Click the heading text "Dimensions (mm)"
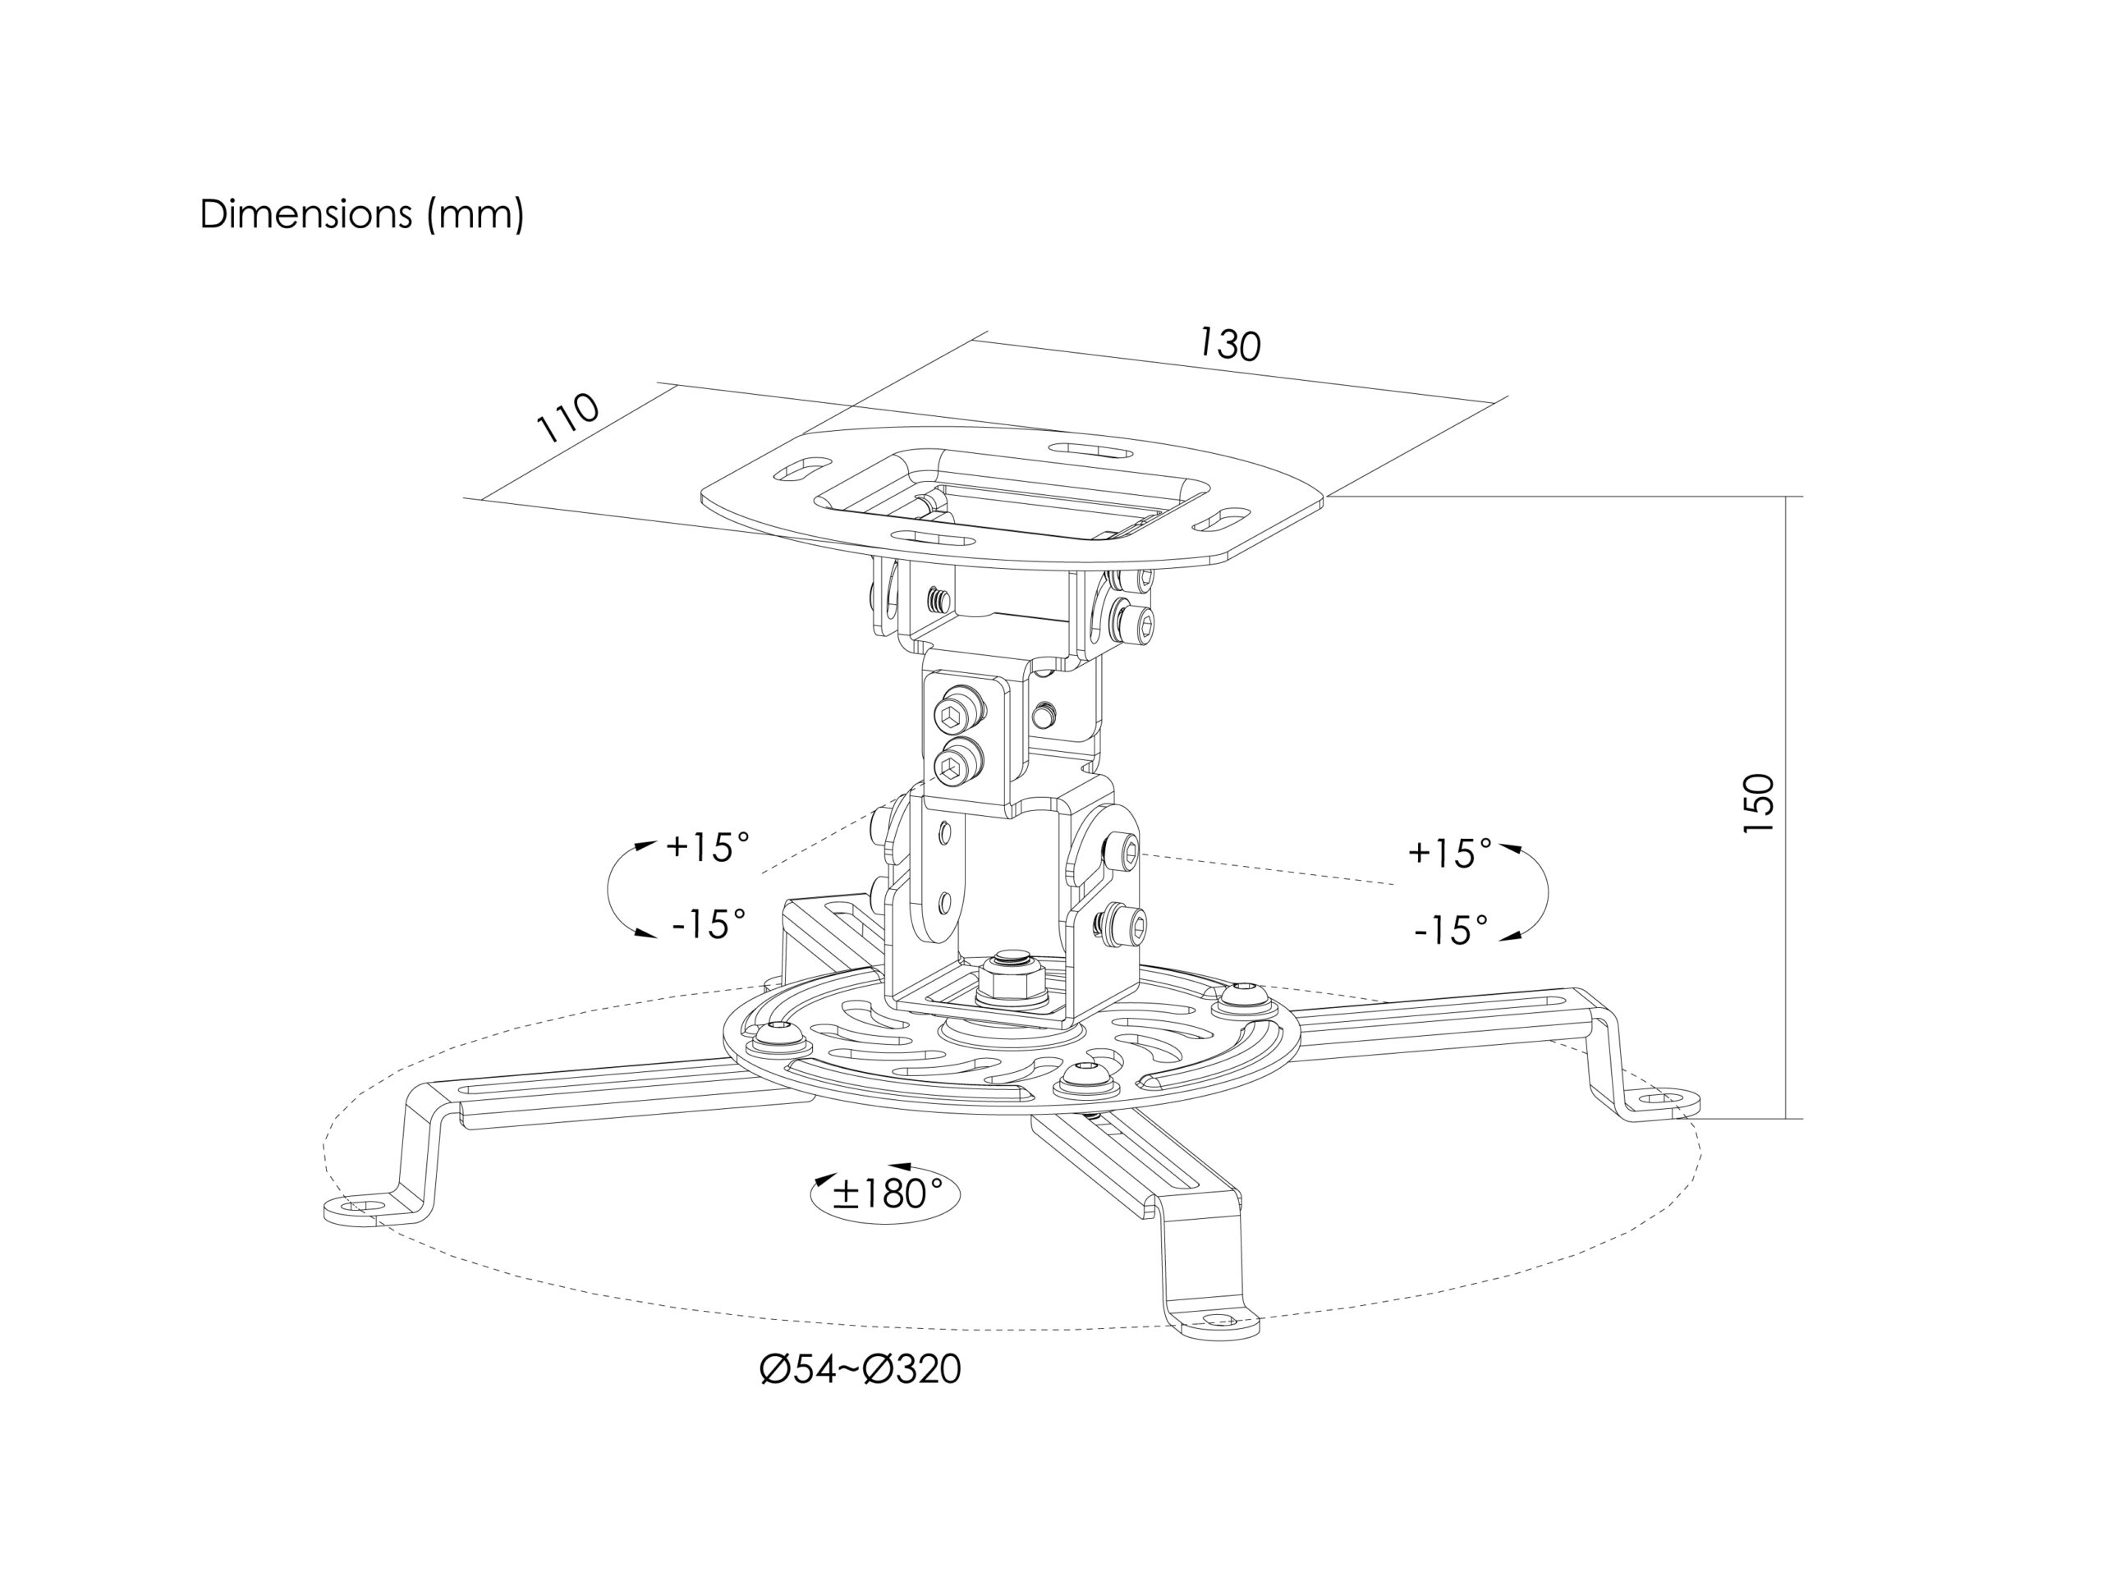pyautogui.click(x=361, y=215)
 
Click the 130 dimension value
pyautogui.click(x=1230, y=344)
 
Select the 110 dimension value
pyautogui.click(x=568, y=417)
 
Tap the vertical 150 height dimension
pyautogui.click(x=1758, y=804)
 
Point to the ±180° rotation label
pyautogui.click(x=887, y=1194)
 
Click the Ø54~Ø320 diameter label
pyautogui.click(x=860, y=1370)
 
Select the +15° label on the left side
pyautogui.click(x=708, y=846)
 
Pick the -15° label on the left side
pyautogui.click(x=709, y=923)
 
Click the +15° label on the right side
pyautogui.click(x=1450, y=853)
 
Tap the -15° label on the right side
pyautogui.click(x=1451, y=930)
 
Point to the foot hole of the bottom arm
pyautogui.click(x=1219, y=1321)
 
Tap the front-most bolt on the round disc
pyautogui.click(x=1085, y=1077)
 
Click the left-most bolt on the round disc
pyautogui.click(x=780, y=1035)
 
